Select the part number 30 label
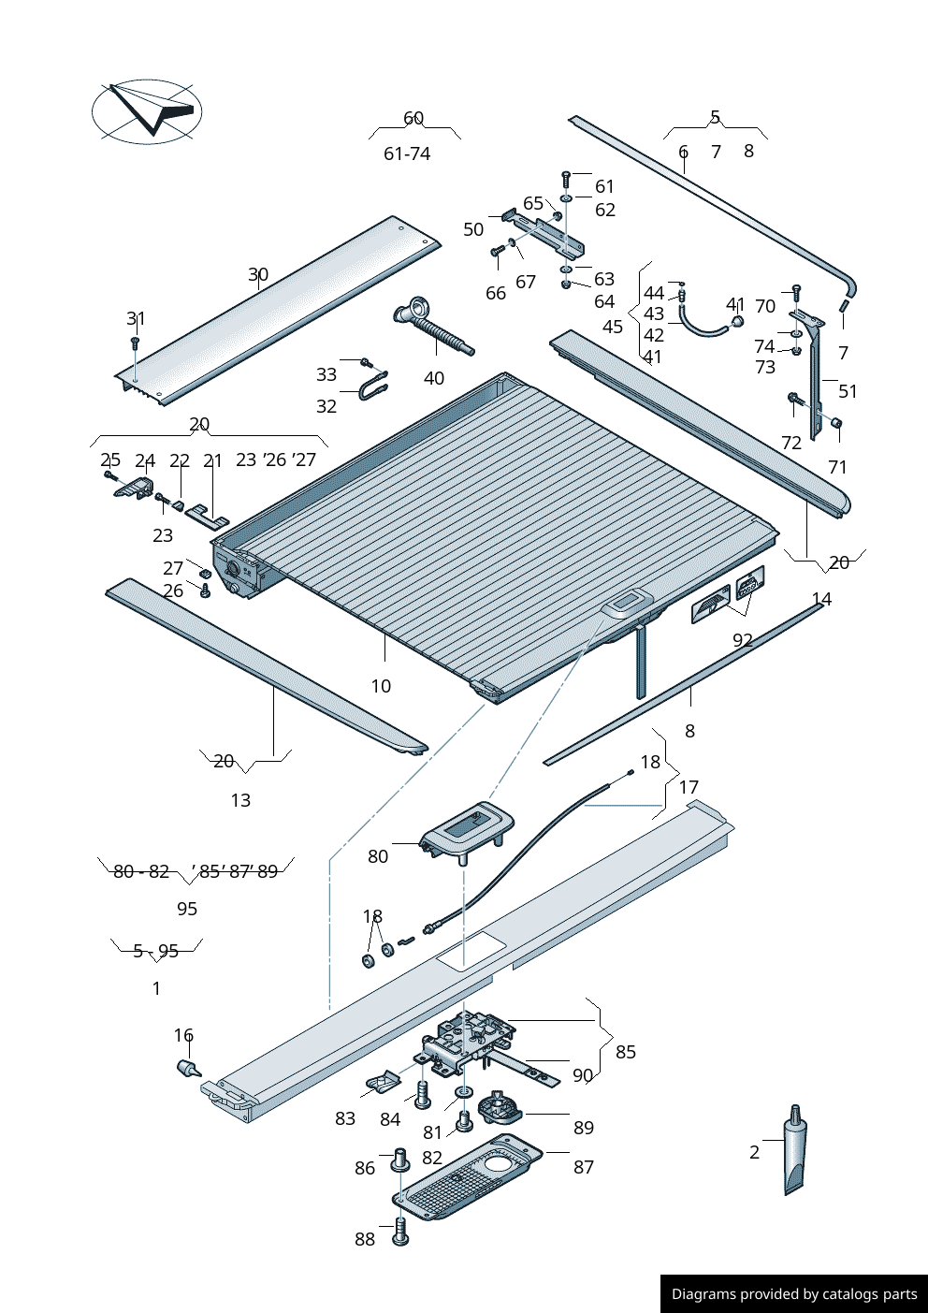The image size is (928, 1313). [258, 274]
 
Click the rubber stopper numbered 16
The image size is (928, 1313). [188, 1068]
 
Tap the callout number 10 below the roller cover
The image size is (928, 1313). [381, 686]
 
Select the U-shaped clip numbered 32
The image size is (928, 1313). [372, 386]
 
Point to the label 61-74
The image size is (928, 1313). [407, 153]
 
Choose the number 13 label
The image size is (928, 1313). [240, 800]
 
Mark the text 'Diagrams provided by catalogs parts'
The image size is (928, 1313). [794, 1294]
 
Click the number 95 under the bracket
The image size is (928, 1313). [187, 909]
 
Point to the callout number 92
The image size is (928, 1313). [743, 640]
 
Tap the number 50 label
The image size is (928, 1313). [473, 229]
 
